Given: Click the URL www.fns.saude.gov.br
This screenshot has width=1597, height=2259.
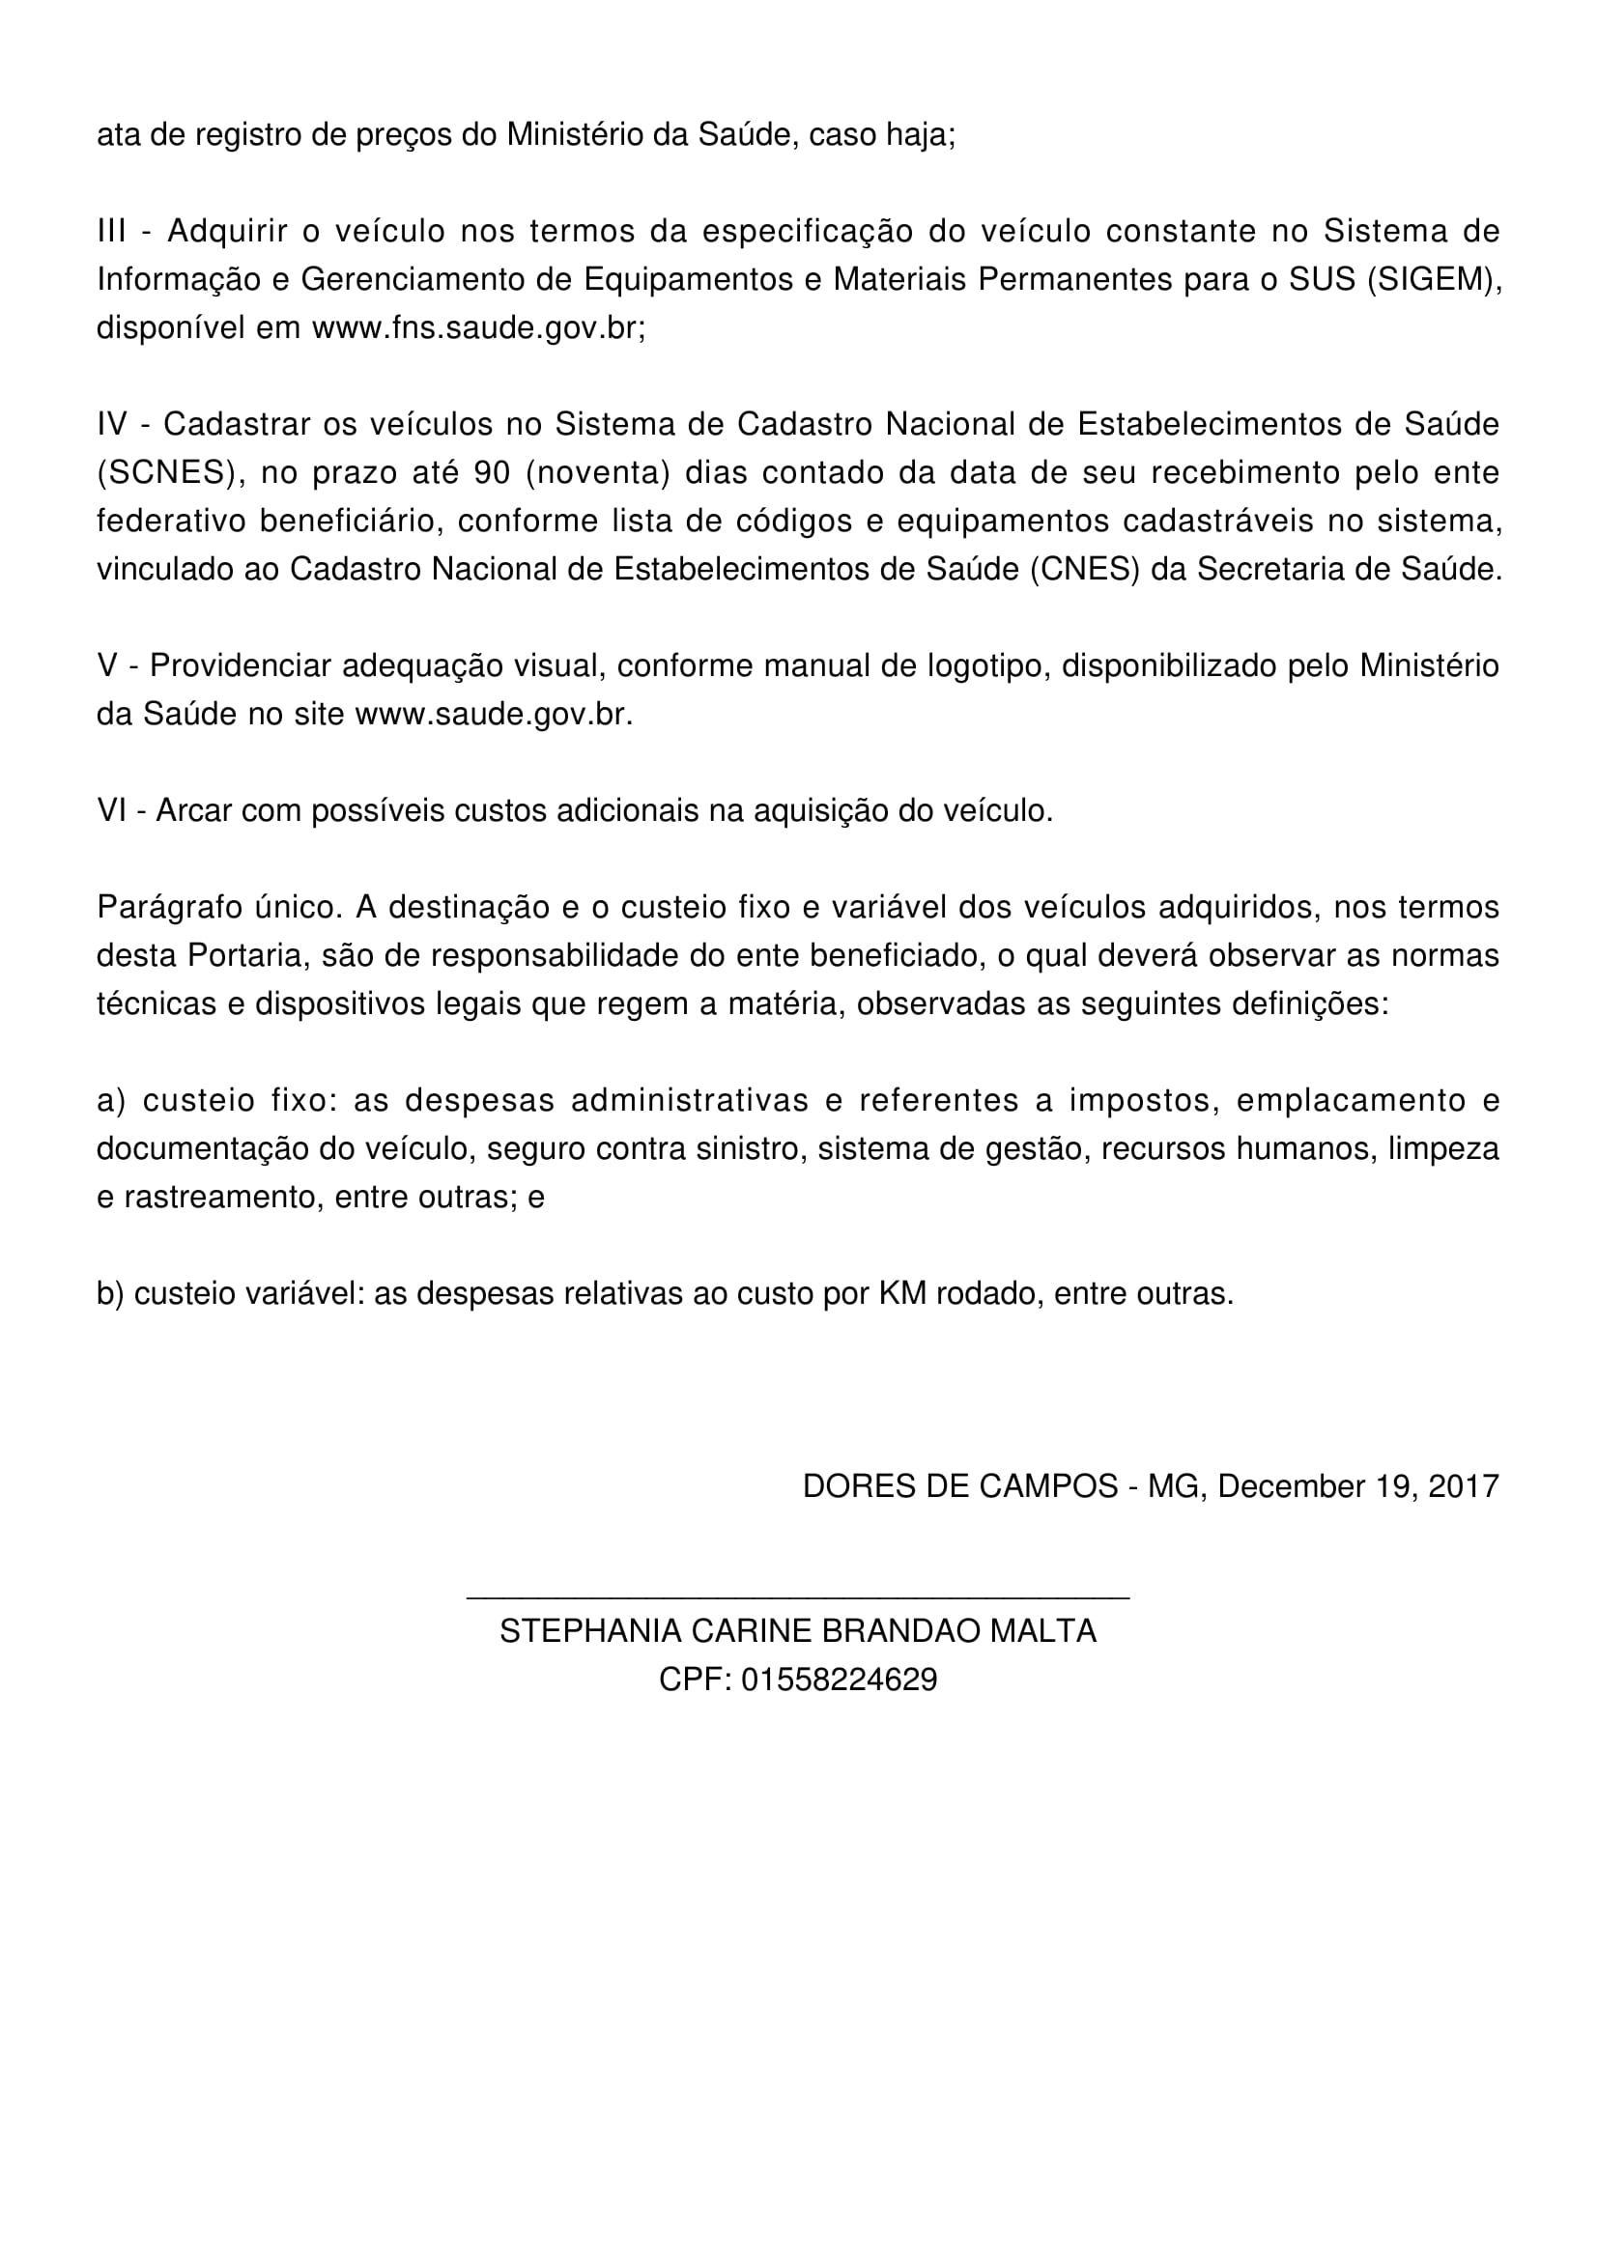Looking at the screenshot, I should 477,327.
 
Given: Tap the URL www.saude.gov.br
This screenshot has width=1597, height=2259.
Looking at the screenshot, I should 492,714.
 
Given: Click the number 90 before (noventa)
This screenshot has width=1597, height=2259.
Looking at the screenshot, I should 492,472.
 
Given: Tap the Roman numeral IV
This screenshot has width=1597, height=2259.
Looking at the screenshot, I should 114,424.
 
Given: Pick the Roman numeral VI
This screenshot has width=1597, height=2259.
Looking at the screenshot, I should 112,809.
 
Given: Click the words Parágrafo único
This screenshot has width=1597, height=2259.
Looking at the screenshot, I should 218,906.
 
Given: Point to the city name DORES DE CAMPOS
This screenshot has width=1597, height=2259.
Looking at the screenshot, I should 959,1484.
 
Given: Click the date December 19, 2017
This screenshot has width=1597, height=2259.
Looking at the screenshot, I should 1358,1484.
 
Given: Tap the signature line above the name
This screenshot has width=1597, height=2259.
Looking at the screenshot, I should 797,1597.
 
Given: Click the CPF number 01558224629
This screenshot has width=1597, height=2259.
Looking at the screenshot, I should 839,1679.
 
